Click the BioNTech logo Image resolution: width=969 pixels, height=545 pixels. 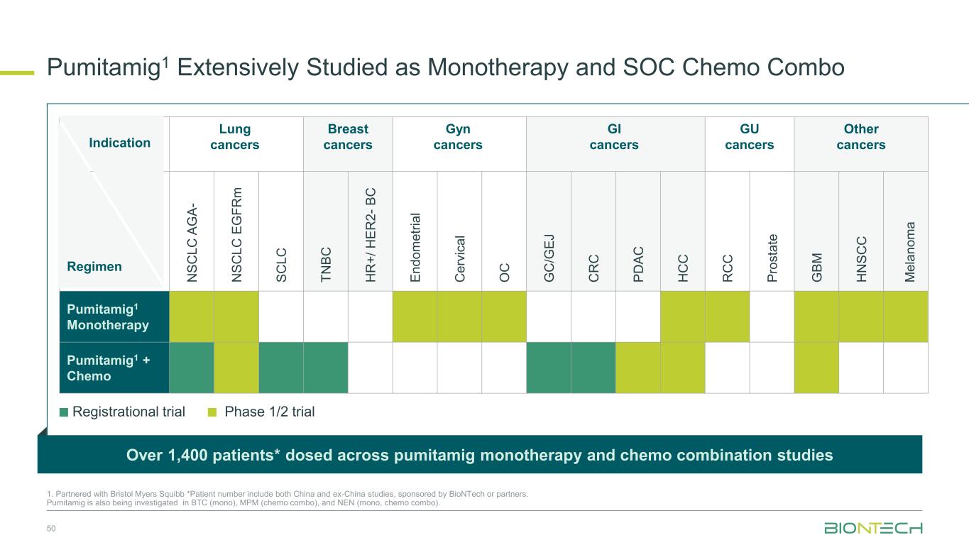tap(873, 529)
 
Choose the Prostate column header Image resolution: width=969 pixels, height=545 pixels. tap(772, 257)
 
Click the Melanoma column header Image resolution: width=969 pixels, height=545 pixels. tap(906, 252)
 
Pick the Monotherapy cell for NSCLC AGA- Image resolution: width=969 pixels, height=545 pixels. tap(191, 317)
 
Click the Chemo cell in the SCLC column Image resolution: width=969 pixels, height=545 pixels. tap(281, 368)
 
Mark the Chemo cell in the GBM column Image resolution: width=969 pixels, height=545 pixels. tap(816, 368)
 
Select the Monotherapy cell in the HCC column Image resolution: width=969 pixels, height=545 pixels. tap(682, 317)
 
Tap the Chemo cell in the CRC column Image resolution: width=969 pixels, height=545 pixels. tap(593, 368)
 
